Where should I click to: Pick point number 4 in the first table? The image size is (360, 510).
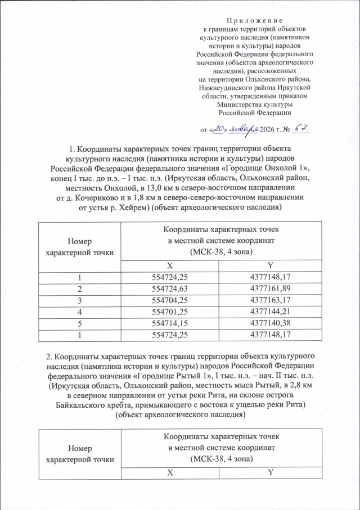79,311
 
